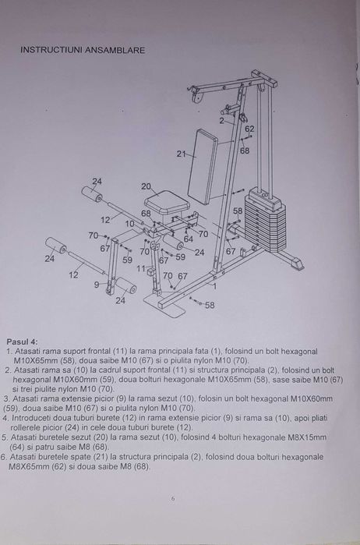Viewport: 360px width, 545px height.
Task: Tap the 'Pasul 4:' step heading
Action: (22, 342)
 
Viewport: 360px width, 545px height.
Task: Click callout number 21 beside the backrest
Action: (181, 154)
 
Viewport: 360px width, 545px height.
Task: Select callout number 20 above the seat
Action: (146, 187)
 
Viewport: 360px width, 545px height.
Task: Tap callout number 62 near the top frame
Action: (249, 129)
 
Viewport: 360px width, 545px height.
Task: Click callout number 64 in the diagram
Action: (188, 239)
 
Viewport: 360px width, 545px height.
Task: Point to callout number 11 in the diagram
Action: (140, 268)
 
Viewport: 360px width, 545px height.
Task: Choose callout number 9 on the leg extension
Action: (97, 285)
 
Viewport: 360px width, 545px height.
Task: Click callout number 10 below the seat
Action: (129, 224)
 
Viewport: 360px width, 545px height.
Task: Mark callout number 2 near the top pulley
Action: (221, 121)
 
